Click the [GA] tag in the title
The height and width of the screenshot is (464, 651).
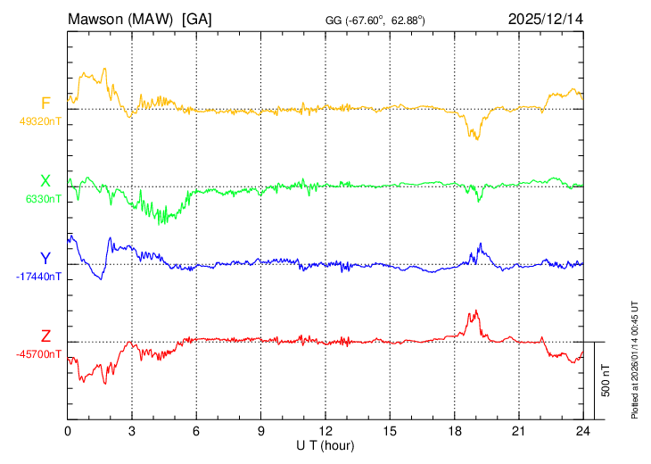pyautogui.click(x=196, y=19)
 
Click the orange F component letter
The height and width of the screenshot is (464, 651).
pyautogui.click(x=45, y=103)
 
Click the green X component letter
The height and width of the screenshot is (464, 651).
pyautogui.click(x=45, y=180)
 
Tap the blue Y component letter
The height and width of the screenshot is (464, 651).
pyautogui.click(x=45, y=258)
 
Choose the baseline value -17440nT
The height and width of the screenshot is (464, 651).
pyautogui.click(x=39, y=276)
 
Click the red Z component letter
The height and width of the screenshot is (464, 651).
pyautogui.click(x=45, y=336)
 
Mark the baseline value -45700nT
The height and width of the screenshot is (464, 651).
pyautogui.click(x=39, y=353)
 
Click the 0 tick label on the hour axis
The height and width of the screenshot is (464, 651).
pyautogui.click(x=68, y=431)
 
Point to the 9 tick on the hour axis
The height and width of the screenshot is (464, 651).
pyautogui.click(x=261, y=431)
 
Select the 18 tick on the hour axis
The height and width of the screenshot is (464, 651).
pyautogui.click(x=454, y=431)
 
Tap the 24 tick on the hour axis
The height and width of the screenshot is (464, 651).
pyautogui.click(x=582, y=431)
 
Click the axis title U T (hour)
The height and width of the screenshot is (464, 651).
pyautogui.click(x=326, y=444)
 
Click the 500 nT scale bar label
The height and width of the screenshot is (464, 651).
pyautogui.click(x=606, y=380)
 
